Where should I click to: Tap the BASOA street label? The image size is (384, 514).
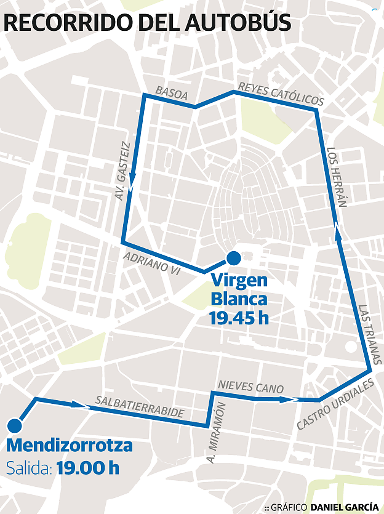pos(172,93)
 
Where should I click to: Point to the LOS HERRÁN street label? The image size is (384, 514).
pos(337,177)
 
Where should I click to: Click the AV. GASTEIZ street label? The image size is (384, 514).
pos(123,172)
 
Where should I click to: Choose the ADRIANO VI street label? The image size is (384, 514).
pos(152,263)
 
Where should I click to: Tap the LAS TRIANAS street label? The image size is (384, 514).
pos(370,334)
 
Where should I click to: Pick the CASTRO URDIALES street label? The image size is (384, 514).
pos(335,404)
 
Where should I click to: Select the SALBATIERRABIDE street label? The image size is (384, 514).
pos(140,407)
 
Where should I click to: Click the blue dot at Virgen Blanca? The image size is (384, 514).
pos(234,258)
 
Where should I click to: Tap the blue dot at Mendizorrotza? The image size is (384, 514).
pos(15,425)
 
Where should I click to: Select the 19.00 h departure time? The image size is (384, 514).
pos(88,468)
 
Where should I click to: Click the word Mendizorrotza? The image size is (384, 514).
pos(69,446)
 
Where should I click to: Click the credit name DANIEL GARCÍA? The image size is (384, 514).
pos(344,507)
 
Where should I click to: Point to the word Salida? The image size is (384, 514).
pos(29,468)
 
